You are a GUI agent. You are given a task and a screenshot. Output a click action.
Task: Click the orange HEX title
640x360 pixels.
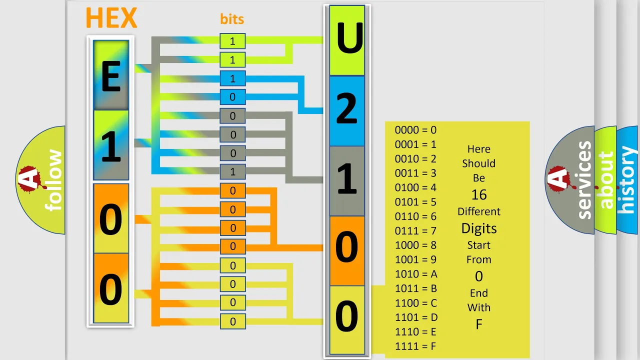pos(111,18)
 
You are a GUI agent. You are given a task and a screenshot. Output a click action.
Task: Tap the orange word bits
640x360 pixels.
pos(232,19)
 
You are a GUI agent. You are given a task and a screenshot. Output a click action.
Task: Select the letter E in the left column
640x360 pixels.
pos(111,76)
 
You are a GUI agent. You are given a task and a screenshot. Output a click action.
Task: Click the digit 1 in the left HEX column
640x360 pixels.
pos(111,146)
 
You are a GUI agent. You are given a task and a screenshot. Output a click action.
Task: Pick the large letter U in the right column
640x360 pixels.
pos(349,37)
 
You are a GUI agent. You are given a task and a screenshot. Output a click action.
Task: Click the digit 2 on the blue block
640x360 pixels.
pos(347,108)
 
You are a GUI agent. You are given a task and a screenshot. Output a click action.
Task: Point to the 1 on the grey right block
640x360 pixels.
pos(347,178)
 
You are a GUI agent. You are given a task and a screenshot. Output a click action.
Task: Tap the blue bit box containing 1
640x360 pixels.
pos(232,78)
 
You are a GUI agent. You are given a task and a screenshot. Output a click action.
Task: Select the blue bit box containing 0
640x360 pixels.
pos(232,97)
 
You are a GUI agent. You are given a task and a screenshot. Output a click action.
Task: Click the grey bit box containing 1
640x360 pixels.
pos(232,171)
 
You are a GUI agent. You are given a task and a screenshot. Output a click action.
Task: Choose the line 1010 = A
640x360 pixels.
pos(416,274)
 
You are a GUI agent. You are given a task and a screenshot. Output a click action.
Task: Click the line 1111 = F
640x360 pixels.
pos(415,346)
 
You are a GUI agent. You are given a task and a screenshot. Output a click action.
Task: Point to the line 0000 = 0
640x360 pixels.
pos(415,130)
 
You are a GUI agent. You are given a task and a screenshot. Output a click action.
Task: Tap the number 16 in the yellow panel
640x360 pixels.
pos(479,195)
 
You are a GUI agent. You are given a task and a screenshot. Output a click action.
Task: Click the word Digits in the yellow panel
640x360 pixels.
pos(479,228)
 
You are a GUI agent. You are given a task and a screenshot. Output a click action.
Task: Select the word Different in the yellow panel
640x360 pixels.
pos(479,211)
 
